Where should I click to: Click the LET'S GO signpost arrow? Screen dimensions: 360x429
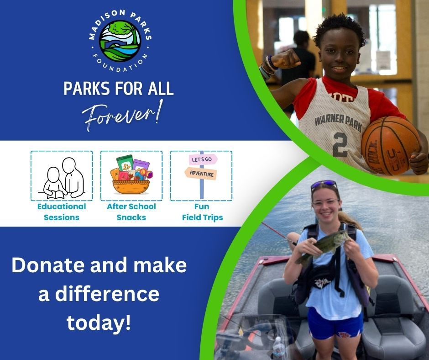pyautogui.click(x=203, y=160)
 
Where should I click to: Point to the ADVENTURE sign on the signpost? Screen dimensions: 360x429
pyautogui.click(x=201, y=174)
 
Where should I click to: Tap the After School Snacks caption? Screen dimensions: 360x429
pyautogui.click(x=131, y=212)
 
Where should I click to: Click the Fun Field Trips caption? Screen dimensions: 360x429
pyautogui.click(x=202, y=212)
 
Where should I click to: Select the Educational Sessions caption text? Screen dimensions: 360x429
pyautogui.click(x=62, y=212)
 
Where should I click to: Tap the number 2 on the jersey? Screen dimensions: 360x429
pyautogui.click(x=340, y=145)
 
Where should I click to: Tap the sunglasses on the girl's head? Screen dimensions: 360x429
pyautogui.click(x=324, y=185)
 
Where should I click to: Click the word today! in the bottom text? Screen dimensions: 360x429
pyautogui.click(x=99, y=323)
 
